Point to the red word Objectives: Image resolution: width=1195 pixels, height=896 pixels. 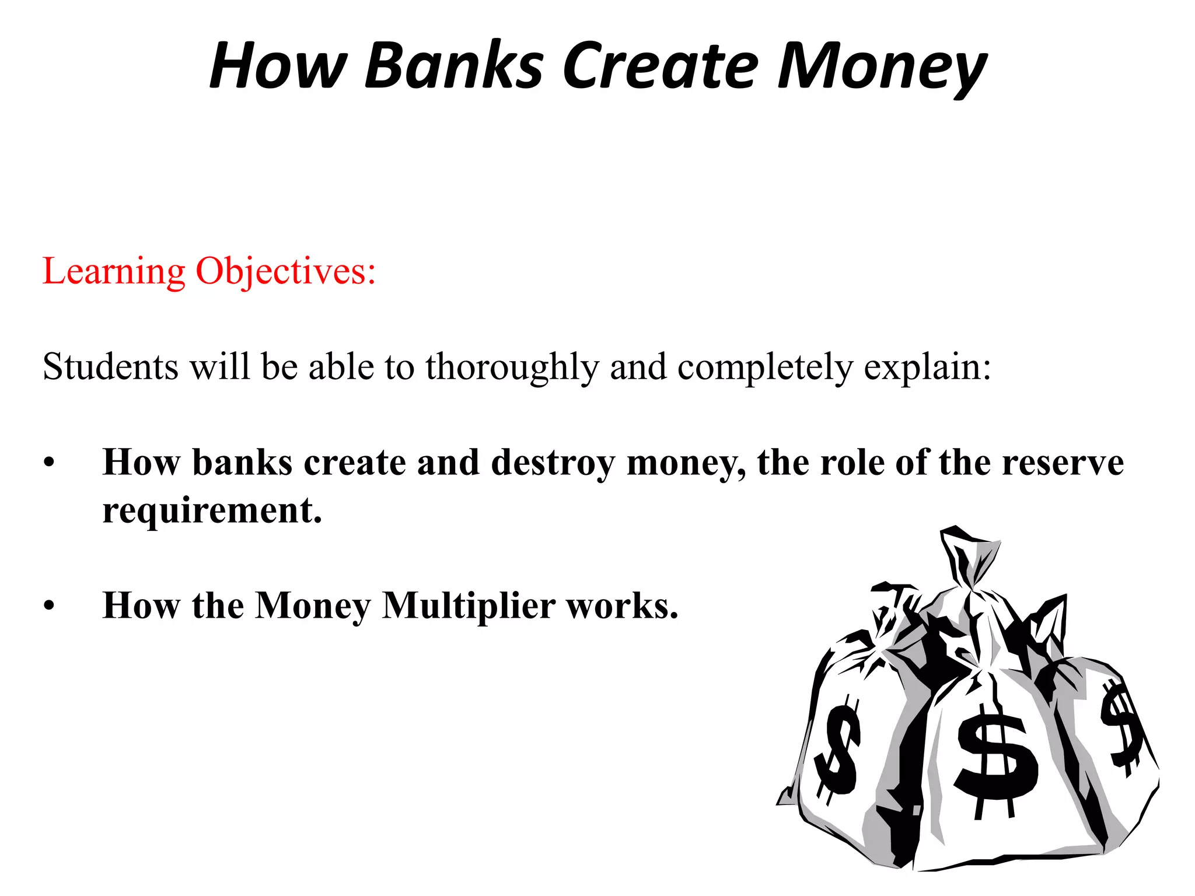click(x=285, y=272)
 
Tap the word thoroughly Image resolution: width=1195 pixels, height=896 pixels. click(x=512, y=368)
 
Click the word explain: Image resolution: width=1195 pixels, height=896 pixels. click(x=927, y=368)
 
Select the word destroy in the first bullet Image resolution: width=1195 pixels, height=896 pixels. click(x=553, y=463)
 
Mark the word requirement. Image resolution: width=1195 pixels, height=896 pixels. click(x=212, y=511)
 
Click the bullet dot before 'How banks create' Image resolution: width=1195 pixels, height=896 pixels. click(x=49, y=464)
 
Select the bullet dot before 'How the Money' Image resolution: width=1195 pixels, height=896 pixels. click(x=49, y=607)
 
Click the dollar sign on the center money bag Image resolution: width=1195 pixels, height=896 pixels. click(x=995, y=758)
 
